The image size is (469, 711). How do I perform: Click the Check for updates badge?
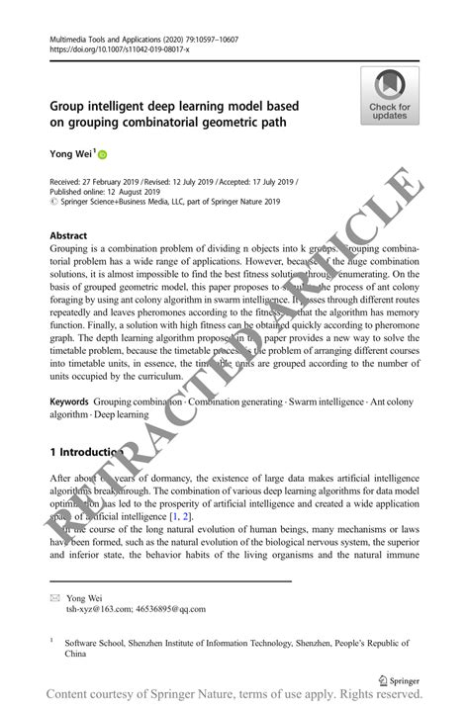point(389,95)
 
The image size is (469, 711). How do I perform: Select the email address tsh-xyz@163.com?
point(97,610)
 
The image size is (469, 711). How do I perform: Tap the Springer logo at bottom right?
point(398,680)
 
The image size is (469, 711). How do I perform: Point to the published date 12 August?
point(135,193)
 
